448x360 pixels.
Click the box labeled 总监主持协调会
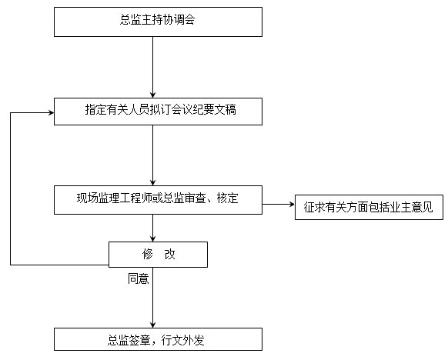pyautogui.click(x=158, y=22)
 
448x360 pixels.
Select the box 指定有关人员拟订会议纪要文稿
pyautogui.click(x=158, y=112)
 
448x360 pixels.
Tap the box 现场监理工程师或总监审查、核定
pyautogui.click(x=158, y=200)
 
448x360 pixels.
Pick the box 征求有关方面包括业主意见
pyautogui.click(x=369, y=207)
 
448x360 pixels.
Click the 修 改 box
pyautogui.click(x=158, y=255)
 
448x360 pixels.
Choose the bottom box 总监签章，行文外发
pyautogui.click(x=158, y=339)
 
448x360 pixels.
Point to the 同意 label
pyautogui.click(x=139, y=278)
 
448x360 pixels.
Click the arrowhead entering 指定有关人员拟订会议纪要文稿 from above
pyautogui.click(x=153, y=95)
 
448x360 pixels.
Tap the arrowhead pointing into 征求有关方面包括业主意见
pyautogui.click(x=292, y=204)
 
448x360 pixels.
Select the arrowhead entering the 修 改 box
pyautogui.click(x=153, y=239)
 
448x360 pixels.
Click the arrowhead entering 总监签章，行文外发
pyautogui.click(x=153, y=325)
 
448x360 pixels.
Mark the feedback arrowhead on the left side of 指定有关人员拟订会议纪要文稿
pyautogui.click(x=51, y=113)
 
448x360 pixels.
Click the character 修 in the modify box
pyautogui.click(x=148, y=254)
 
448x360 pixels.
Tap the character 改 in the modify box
pyautogui.click(x=169, y=254)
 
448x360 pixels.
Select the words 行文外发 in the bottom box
pyautogui.click(x=183, y=340)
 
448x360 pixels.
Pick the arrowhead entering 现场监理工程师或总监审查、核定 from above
pyautogui.click(x=153, y=183)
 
